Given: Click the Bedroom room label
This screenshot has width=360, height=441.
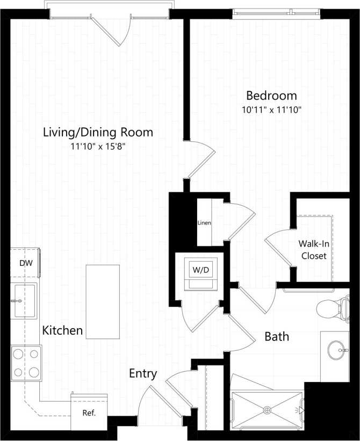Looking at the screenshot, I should point(271,96).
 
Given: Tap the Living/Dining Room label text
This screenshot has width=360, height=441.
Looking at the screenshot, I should point(98,132).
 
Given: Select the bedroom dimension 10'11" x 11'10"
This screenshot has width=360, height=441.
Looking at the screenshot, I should point(271,110).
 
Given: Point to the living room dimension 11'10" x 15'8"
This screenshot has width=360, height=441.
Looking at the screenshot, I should point(98,146).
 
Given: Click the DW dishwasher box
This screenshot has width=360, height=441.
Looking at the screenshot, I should point(25,263).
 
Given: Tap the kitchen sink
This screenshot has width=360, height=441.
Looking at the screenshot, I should point(24,301).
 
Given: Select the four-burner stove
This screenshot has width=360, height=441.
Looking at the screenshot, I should point(26,363).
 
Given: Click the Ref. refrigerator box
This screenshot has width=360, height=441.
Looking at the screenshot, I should point(89,413).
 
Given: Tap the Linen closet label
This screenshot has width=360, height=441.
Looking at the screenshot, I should point(204,223).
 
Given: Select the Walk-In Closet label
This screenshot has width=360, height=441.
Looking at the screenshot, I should point(313,249).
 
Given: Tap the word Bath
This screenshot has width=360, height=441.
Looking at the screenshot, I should point(277,337).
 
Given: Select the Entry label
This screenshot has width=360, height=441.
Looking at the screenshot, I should point(143,373).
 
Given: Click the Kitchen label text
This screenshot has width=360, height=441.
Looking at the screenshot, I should point(63,330).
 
